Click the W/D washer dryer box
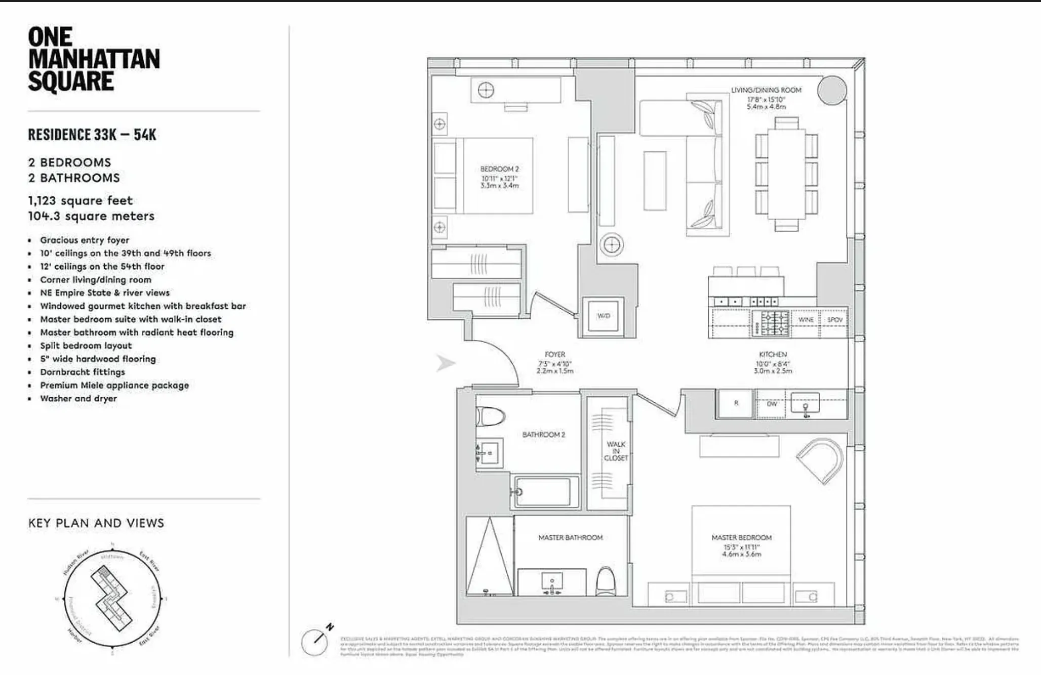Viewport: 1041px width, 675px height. [x=603, y=316]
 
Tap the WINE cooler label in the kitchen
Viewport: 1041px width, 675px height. [x=806, y=320]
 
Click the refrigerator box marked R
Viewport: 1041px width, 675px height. [x=736, y=403]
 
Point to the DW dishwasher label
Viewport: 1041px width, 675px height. [x=771, y=404]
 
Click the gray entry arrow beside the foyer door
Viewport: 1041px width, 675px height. [x=445, y=363]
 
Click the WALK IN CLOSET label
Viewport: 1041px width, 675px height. [x=615, y=451]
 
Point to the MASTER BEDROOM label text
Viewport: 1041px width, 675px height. [x=741, y=537]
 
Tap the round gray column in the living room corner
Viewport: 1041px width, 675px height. [x=831, y=91]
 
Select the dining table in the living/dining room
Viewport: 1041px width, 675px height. [x=786, y=174]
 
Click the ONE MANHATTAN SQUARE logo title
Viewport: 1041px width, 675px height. [x=94, y=59]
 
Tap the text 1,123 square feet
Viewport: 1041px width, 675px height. [x=81, y=200]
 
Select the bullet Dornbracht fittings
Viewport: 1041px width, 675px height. [x=83, y=372]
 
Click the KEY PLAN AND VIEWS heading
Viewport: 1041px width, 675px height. [x=96, y=523]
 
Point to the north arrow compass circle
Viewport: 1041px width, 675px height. [x=315, y=642]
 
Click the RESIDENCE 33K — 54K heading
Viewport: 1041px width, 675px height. [x=92, y=135]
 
